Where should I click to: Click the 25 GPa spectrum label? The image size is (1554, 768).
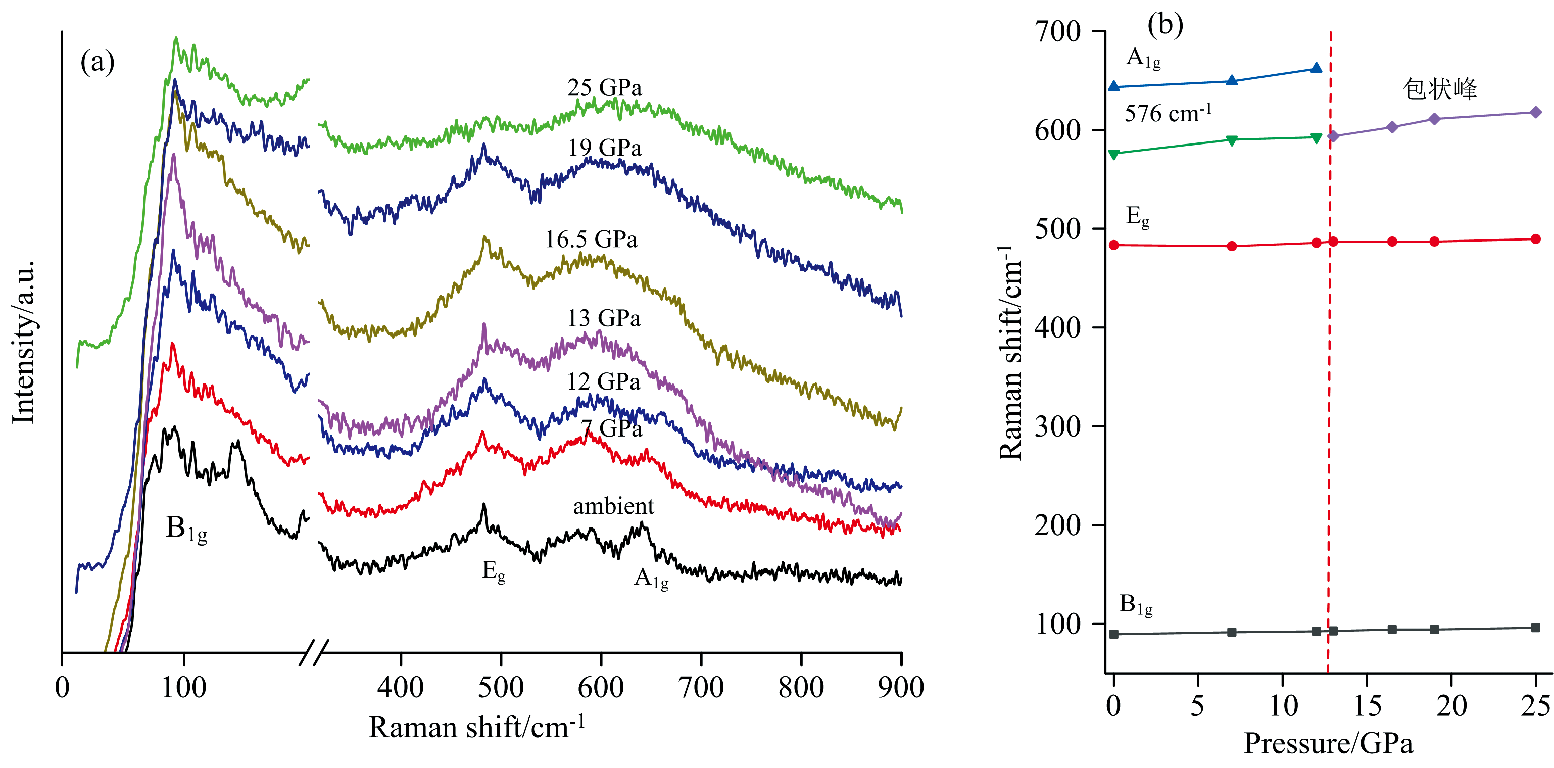coord(604,88)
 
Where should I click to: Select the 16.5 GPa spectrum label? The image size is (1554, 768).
coord(591,239)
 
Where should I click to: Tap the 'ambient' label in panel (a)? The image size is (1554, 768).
coord(613,506)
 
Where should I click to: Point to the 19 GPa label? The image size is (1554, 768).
coord(604,148)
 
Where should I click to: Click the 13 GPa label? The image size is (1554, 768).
coord(603,318)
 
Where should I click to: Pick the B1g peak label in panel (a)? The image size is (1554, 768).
coord(186,529)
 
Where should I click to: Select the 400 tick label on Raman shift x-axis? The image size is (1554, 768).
coord(401,688)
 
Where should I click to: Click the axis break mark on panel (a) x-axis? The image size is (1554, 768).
coord(314,652)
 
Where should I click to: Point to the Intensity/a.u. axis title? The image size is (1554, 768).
coord(24,343)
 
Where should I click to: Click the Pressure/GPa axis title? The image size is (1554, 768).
coord(1328,743)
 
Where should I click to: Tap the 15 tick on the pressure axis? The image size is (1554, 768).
coord(1367,706)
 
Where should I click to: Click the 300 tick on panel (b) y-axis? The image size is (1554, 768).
coord(1057,426)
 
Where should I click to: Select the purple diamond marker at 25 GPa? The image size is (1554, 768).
coord(1535,112)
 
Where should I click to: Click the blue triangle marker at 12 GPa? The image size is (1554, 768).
coord(1317,68)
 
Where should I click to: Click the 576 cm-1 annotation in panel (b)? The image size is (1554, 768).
coord(1168,113)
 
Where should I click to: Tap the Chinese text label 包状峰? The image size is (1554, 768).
coord(1439,89)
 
